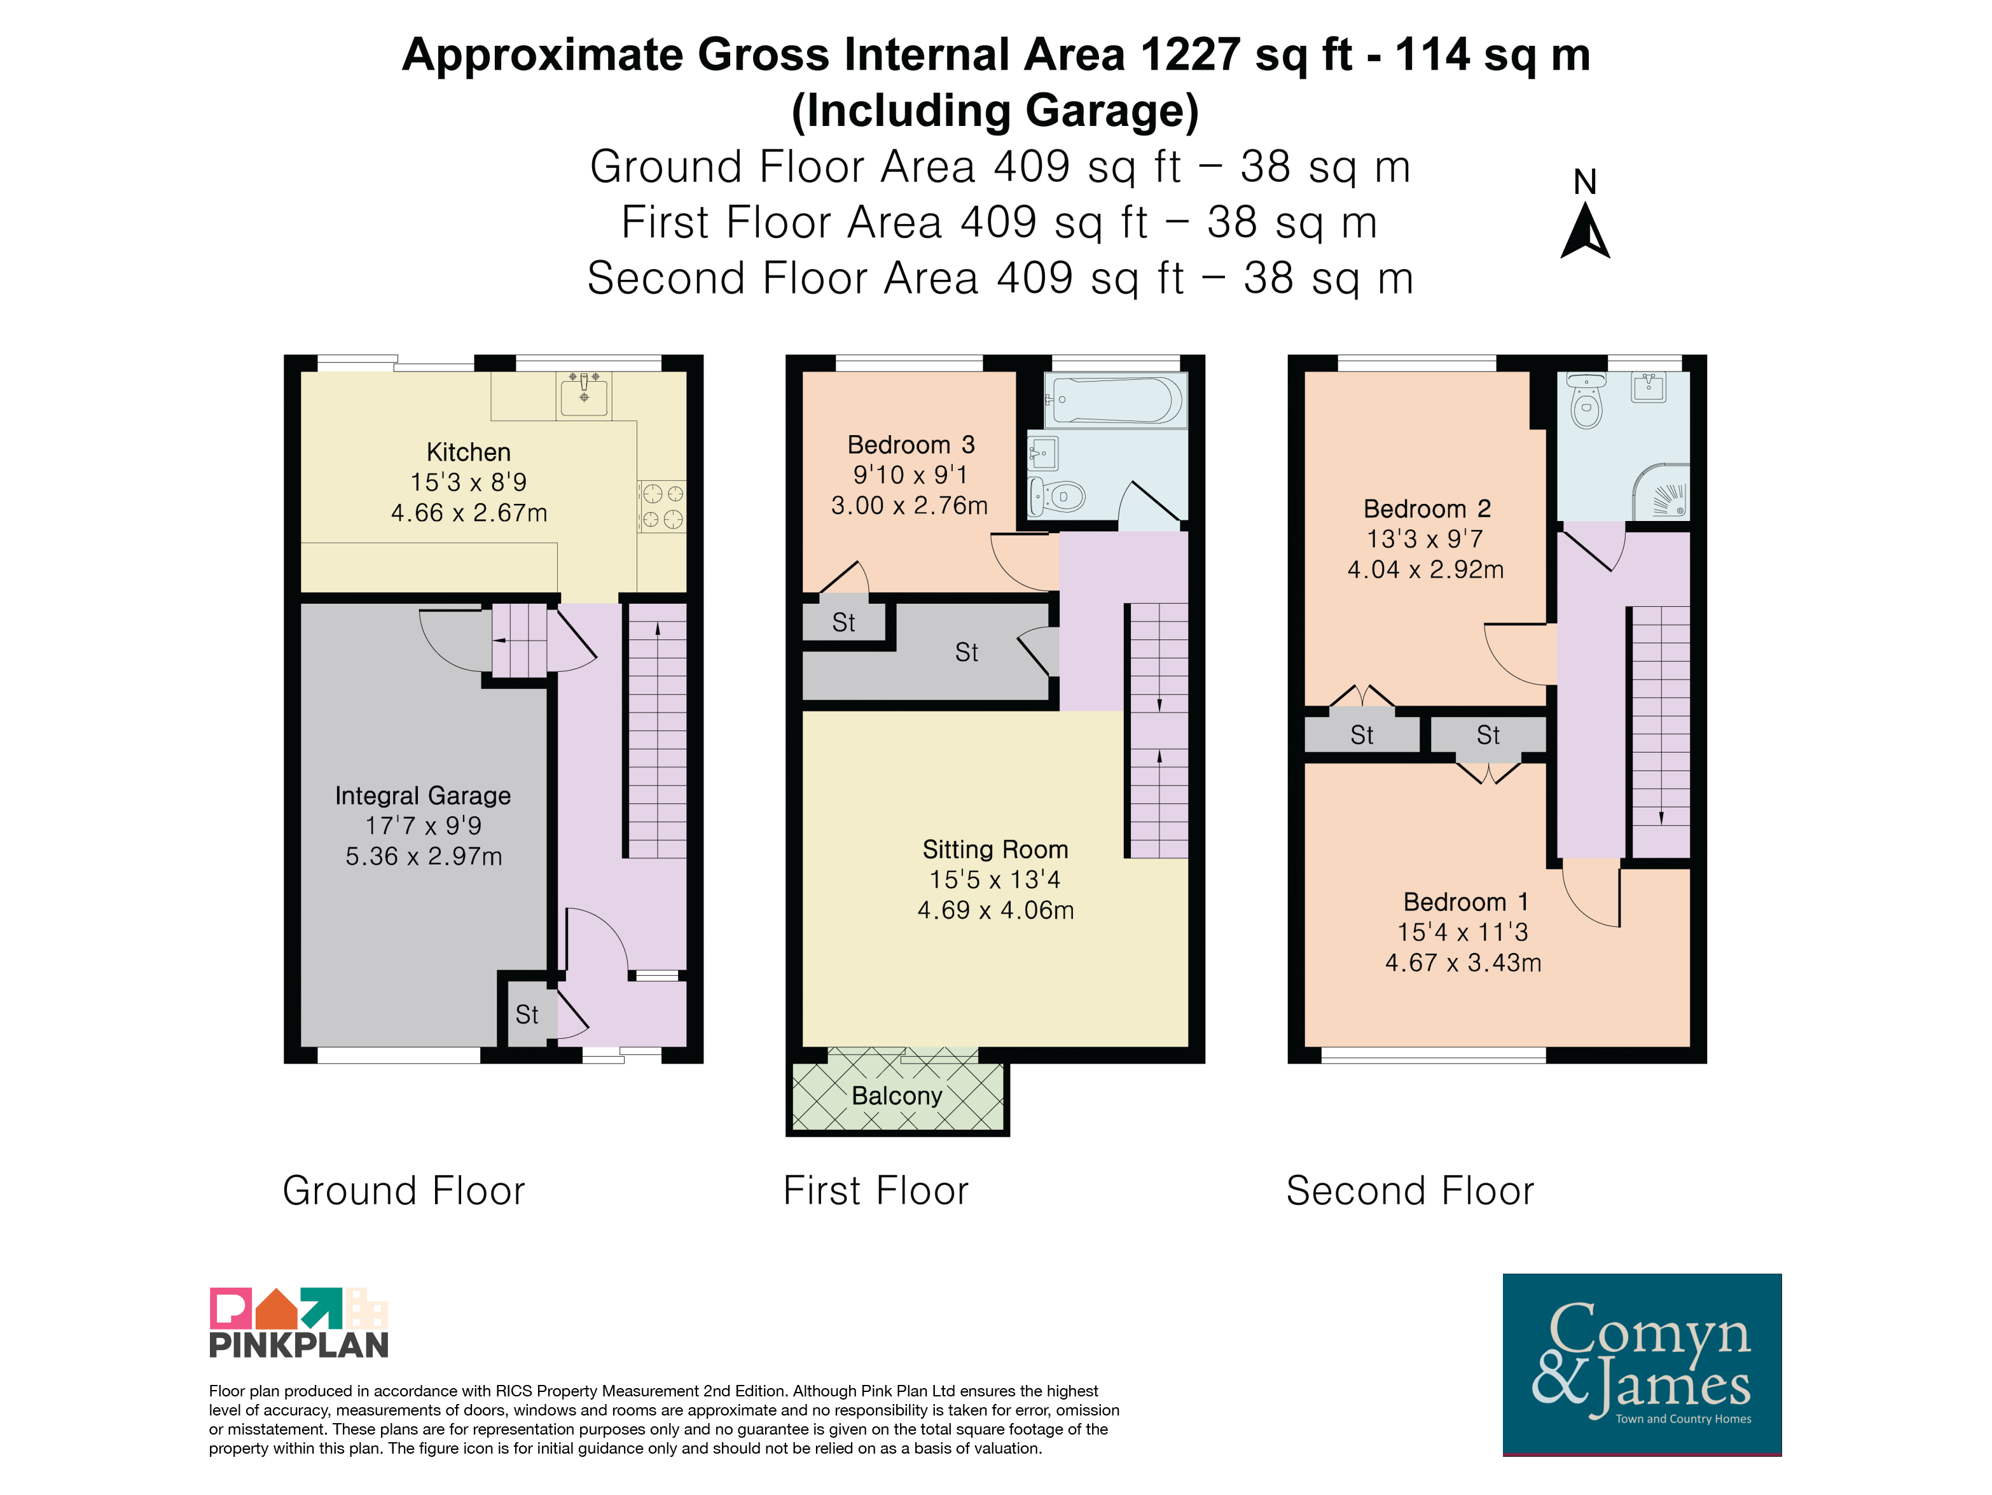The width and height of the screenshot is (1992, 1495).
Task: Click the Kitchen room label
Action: click(x=468, y=452)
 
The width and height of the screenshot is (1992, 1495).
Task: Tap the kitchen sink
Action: click(x=584, y=394)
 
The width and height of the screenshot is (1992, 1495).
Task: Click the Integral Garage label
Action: click(x=422, y=796)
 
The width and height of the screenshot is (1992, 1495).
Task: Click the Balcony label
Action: click(x=897, y=1096)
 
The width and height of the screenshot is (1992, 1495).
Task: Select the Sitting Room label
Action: click(x=995, y=849)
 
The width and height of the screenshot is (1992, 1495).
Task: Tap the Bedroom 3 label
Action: click(x=910, y=445)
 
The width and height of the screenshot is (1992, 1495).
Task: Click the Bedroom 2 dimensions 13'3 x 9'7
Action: click(x=1425, y=539)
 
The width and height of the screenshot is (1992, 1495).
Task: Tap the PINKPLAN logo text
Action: click(x=299, y=1345)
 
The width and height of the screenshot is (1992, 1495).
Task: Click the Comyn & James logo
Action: click(x=1642, y=1363)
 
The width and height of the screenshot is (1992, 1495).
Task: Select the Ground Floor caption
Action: click(x=403, y=1191)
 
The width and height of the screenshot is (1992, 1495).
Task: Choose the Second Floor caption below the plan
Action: click(x=1410, y=1191)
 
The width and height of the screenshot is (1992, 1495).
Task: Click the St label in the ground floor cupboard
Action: click(x=527, y=1015)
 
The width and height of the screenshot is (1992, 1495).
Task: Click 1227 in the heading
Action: click(x=1191, y=55)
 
